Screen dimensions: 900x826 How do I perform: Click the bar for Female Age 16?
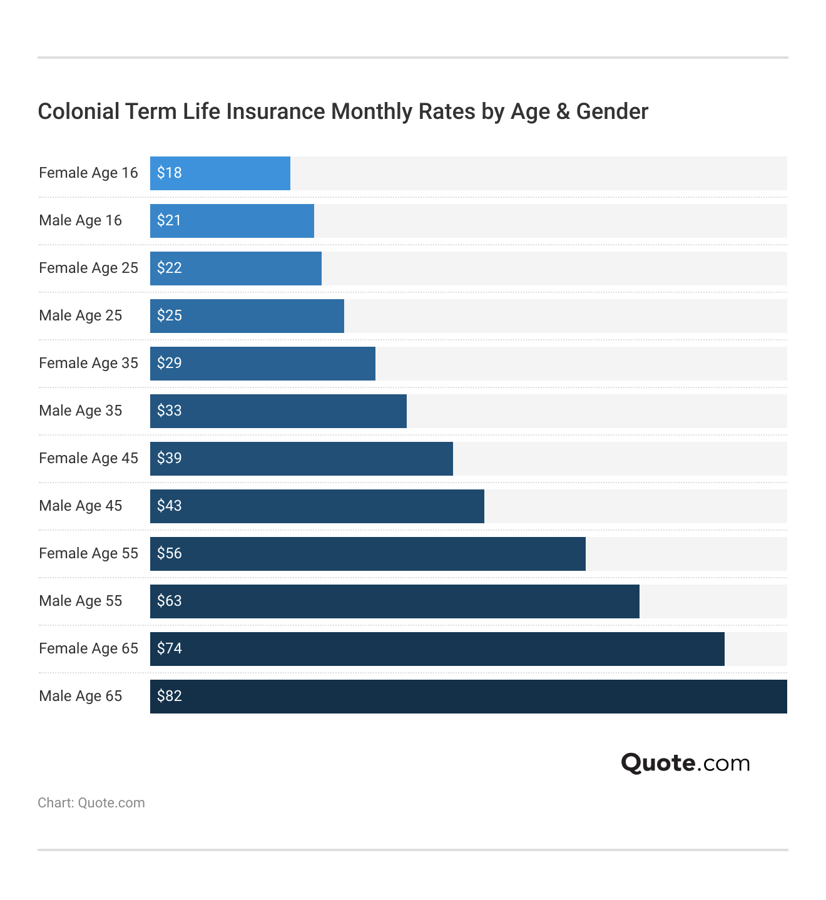[x=220, y=173]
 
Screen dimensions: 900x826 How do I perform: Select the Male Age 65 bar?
[x=468, y=697]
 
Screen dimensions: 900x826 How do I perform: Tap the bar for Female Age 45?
[x=301, y=459]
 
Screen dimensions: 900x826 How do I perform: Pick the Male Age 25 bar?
[x=247, y=316]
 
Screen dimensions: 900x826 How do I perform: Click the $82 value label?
[x=170, y=696]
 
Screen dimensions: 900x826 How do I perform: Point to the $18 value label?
[x=170, y=173]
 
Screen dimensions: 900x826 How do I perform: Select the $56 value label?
[x=170, y=553]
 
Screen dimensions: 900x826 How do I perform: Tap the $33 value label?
[x=170, y=411]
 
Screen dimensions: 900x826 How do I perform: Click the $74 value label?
[x=170, y=648]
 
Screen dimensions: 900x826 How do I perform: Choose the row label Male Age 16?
[x=80, y=220]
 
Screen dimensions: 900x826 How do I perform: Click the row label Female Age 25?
[x=88, y=268]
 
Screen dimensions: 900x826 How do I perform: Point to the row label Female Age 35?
[x=88, y=363]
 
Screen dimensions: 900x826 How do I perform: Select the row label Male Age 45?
[x=80, y=506]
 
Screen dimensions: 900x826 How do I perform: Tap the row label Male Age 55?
[x=80, y=601]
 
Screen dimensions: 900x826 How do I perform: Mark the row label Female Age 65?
[x=88, y=648]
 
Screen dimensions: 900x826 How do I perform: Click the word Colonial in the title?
[x=78, y=111]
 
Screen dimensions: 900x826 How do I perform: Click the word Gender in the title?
[x=612, y=111]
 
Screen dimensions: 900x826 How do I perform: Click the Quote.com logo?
[x=685, y=763]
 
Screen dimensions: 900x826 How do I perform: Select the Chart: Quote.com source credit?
[x=91, y=803]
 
